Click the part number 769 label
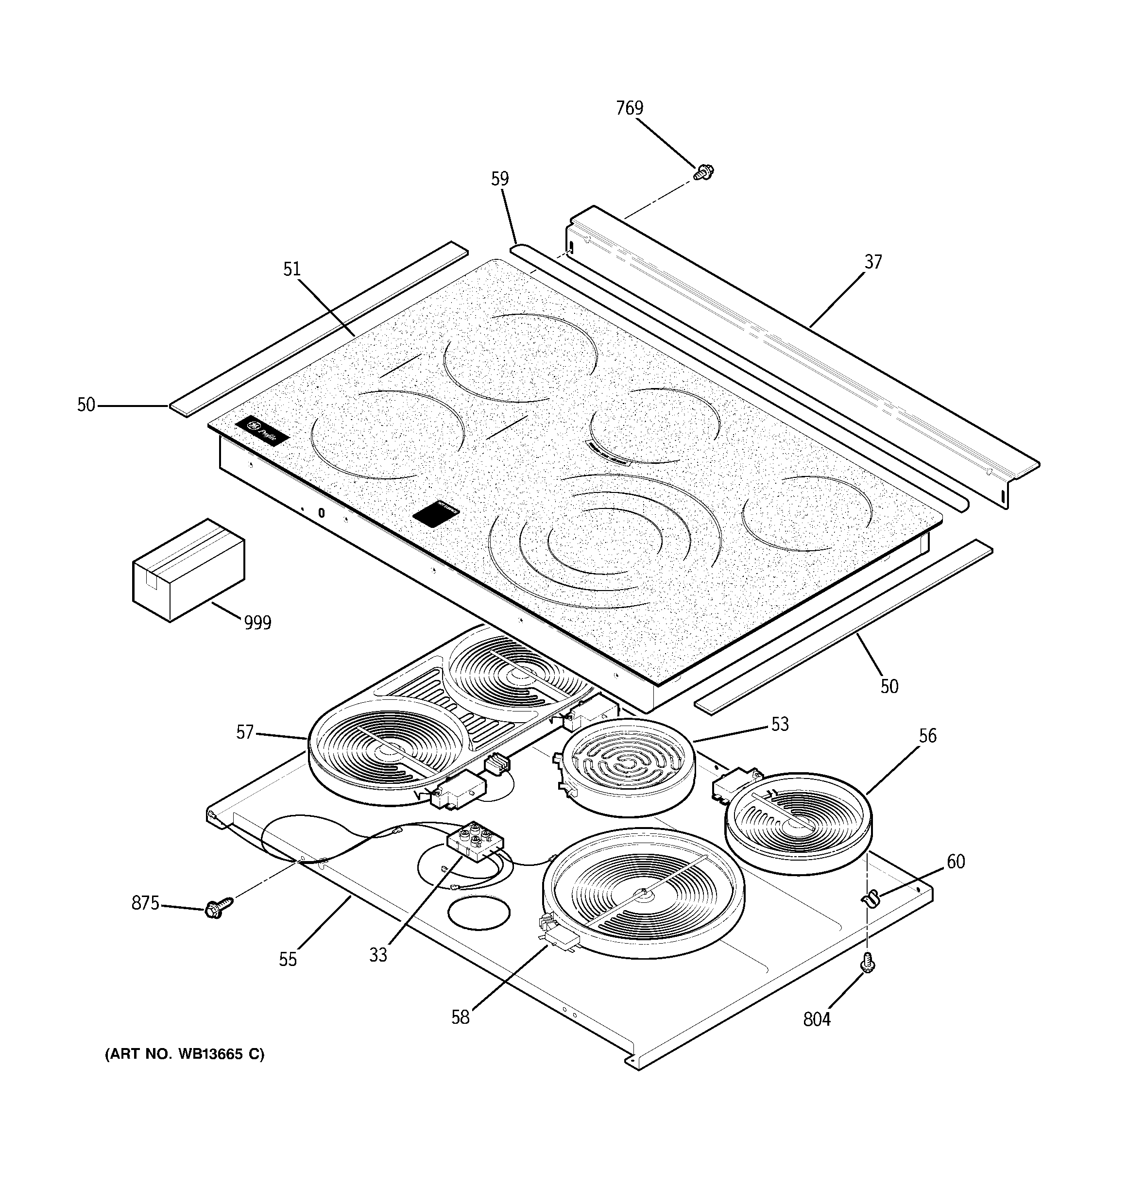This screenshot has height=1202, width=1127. [x=629, y=108]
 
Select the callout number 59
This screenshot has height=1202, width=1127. [x=500, y=179]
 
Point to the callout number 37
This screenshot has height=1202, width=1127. [x=873, y=262]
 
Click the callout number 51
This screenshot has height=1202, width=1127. [x=292, y=269]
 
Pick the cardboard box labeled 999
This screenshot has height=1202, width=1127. [x=188, y=569]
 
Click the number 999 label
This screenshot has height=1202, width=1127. [x=257, y=622]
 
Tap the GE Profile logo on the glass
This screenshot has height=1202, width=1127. [x=262, y=432]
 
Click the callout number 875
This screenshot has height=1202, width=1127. [x=145, y=903]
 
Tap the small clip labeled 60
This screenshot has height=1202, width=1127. [x=870, y=900]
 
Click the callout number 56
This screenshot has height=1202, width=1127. [x=927, y=736]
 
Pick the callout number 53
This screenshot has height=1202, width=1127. [x=780, y=724]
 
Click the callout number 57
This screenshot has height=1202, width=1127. [x=244, y=733]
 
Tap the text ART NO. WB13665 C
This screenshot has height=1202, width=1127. [x=185, y=1054]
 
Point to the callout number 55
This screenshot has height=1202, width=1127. [x=288, y=960]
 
